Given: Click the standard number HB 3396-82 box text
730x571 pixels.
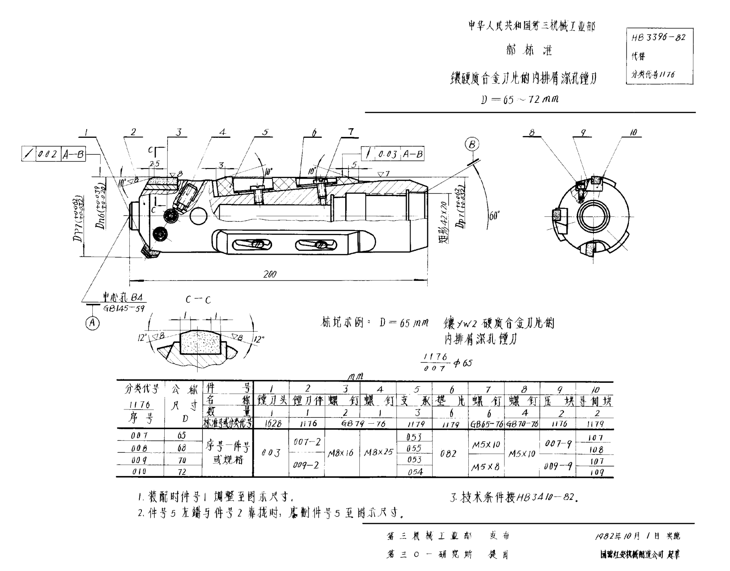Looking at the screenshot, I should click(658, 37).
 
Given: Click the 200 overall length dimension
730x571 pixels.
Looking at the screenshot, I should click(270, 274).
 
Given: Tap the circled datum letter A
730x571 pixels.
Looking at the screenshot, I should click(92, 323).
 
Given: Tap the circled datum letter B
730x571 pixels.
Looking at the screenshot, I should click(472, 144).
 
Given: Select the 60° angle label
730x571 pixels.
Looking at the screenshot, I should click(494, 216).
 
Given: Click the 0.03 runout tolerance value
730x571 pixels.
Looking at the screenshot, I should click(388, 154).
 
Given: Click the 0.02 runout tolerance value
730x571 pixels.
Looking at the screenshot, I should click(47, 154).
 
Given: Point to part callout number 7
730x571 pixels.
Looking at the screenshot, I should click(351, 132).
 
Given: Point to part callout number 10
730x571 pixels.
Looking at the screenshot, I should click(633, 132).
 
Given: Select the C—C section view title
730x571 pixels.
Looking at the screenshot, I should click(198, 300).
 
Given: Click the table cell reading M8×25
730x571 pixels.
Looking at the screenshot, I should click(378, 452).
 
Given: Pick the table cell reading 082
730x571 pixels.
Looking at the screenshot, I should click(448, 454).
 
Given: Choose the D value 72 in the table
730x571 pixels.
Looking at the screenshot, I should click(182, 472).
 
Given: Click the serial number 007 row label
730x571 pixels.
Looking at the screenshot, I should click(139, 435).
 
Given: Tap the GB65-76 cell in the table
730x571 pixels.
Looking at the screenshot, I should click(486, 424).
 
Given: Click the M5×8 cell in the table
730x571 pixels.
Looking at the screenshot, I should click(485, 467).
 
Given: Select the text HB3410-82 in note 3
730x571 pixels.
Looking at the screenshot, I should click(546, 497).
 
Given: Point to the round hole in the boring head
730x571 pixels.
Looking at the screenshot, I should click(198, 216).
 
